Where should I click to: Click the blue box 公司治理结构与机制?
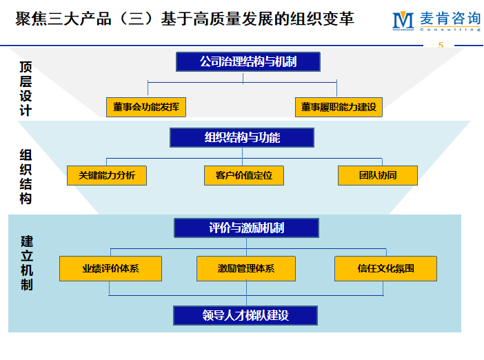(248, 61)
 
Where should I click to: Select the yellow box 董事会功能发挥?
(146, 107)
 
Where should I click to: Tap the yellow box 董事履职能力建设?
(338, 107)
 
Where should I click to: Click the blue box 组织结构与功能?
(242, 138)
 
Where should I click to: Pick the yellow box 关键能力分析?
(107, 175)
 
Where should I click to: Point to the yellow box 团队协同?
(378, 175)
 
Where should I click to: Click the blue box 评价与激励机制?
(246, 228)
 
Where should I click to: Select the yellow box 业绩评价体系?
(111, 268)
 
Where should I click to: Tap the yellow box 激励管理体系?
(246, 268)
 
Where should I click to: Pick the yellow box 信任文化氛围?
(385, 268)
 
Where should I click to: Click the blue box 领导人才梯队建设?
(245, 316)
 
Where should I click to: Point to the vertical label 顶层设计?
(26, 88)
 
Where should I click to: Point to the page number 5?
(441, 46)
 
